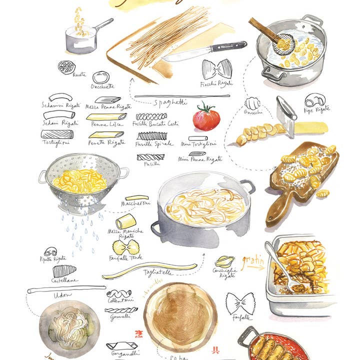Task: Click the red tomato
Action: point(206,118)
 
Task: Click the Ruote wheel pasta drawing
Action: point(65,67)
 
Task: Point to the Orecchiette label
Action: point(103,86)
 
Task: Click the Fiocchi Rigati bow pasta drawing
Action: point(217,69)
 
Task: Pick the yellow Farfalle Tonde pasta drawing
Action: point(125,247)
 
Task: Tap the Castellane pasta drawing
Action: point(64,271)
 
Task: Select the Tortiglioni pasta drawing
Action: point(57,134)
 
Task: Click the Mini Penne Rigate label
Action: point(200,159)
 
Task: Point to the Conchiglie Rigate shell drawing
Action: point(224,261)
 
